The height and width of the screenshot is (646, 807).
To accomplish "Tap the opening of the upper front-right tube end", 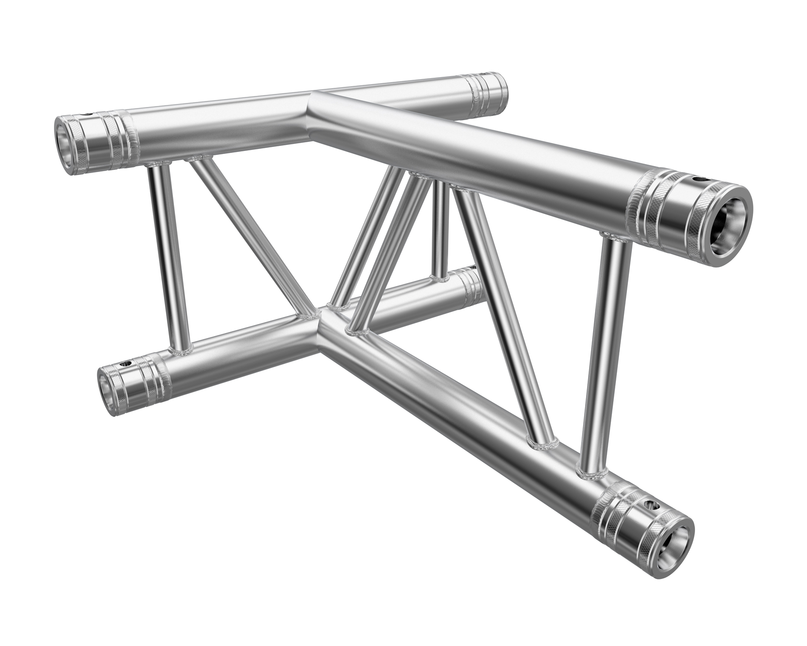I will coord(727,224).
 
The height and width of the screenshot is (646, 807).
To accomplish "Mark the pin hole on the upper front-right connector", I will coord(700,179).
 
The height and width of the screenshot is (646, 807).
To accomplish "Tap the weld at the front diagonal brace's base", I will coord(542,444).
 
